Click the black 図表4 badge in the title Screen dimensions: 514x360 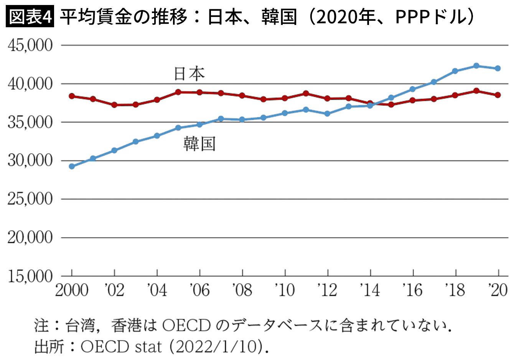pyautogui.click(x=30, y=16)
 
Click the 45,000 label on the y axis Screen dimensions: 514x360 pyautogui.click(x=30, y=45)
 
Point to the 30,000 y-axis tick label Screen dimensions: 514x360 pyautogui.click(x=30, y=161)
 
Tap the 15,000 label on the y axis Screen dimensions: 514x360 pyautogui.click(x=30, y=276)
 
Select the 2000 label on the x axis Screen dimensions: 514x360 pyautogui.click(x=72, y=291)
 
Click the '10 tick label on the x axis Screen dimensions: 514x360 pyautogui.click(x=285, y=291)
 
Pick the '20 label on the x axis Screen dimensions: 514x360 pyautogui.click(x=498, y=291)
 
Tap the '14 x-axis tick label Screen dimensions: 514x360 pyautogui.click(x=370, y=291)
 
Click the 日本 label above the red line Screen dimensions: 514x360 pyautogui.click(x=189, y=74)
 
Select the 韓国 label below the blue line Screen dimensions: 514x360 pyautogui.click(x=199, y=144)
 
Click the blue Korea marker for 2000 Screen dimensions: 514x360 pyautogui.click(x=72, y=166)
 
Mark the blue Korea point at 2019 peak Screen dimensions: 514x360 pyautogui.click(x=476, y=66)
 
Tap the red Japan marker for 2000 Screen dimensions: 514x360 pyautogui.click(x=72, y=96)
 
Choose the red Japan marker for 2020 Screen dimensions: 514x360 pyautogui.click(x=498, y=95)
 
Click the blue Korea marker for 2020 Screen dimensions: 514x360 pyautogui.click(x=498, y=68)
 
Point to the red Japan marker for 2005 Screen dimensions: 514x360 pyautogui.click(x=178, y=92)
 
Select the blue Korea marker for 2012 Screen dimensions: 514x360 pyautogui.click(x=328, y=114)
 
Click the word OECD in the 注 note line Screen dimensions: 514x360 pyautogui.click(x=186, y=326)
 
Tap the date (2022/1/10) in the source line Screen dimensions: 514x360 pyautogui.click(x=216, y=347)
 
